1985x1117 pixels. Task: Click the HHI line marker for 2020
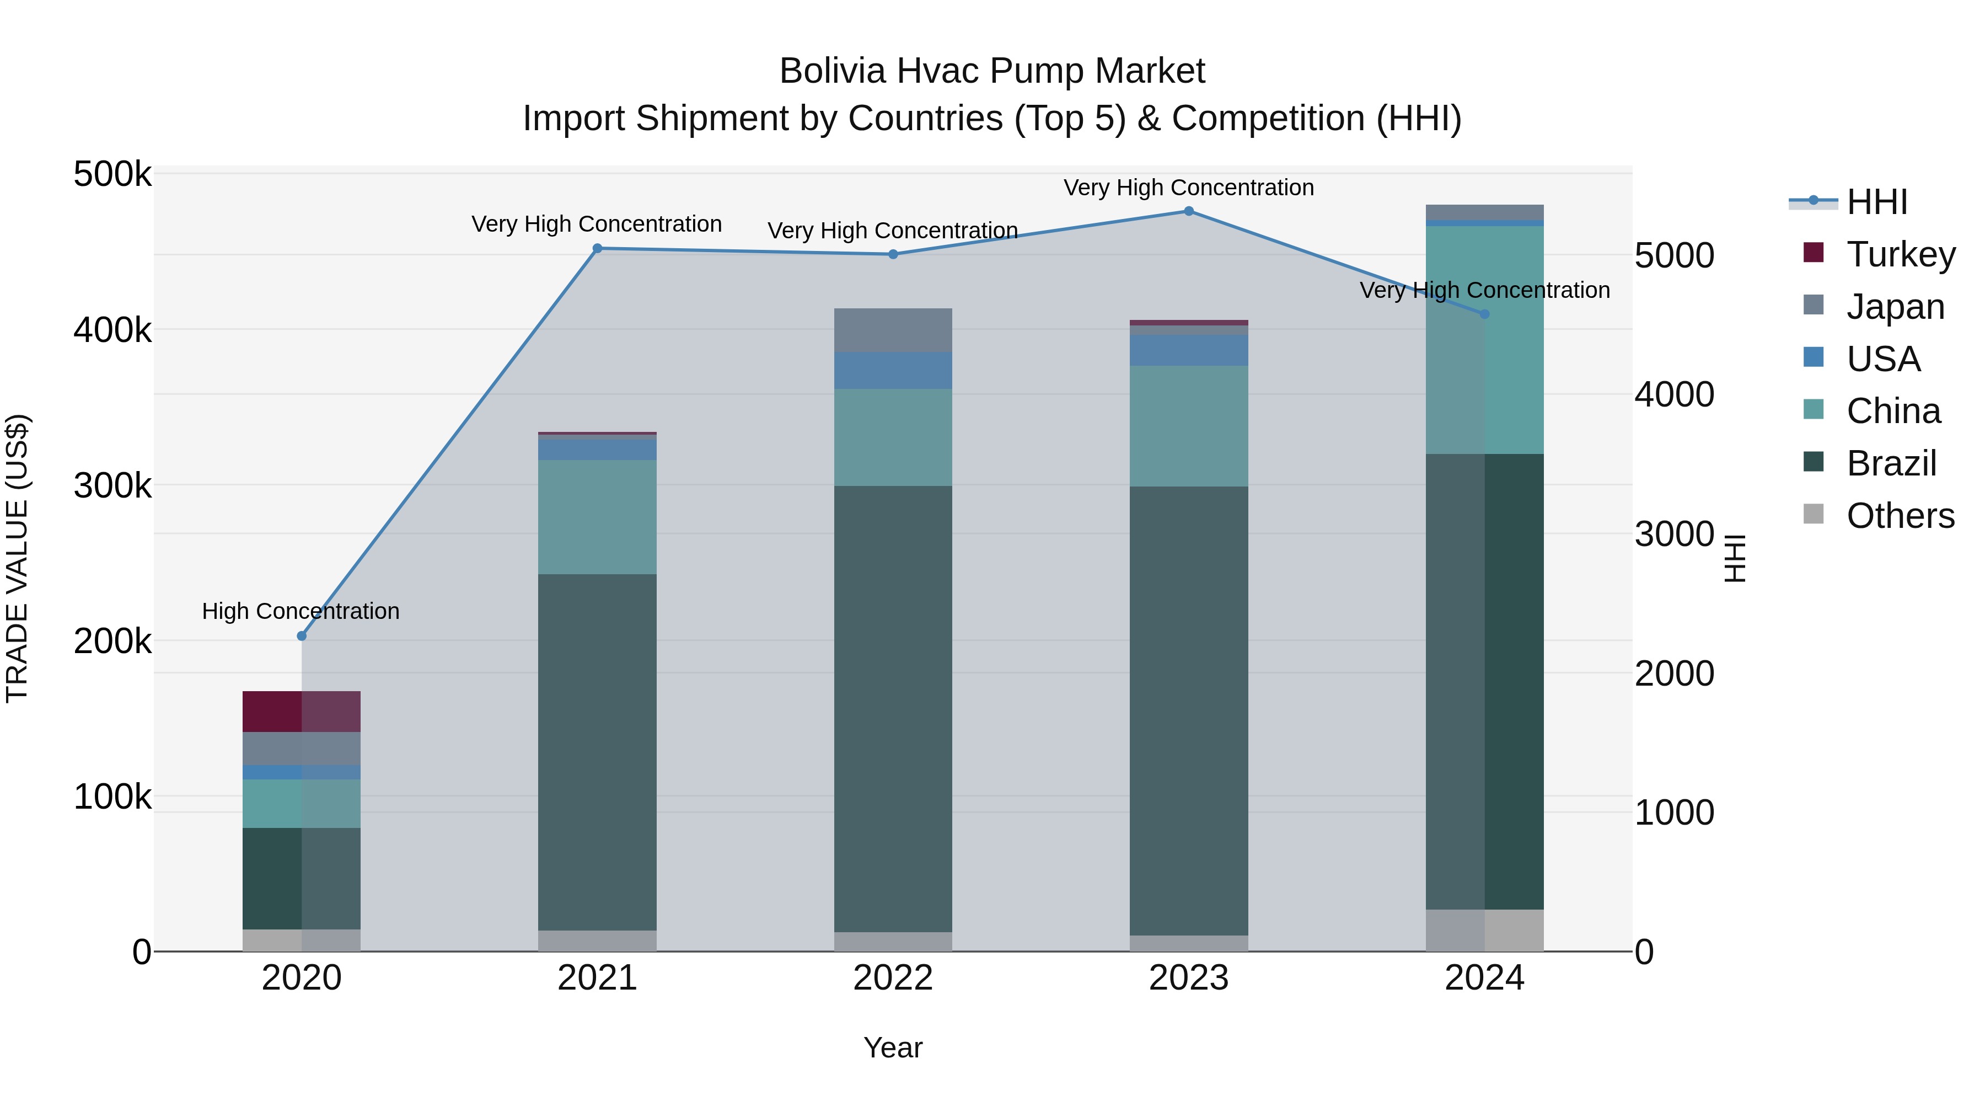tap(301, 636)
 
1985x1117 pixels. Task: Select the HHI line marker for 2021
tap(597, 248)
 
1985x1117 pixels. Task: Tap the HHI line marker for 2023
tap(1188, 211)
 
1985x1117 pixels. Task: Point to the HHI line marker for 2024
tap(1485, 314)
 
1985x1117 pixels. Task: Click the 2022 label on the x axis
tap(893, 978)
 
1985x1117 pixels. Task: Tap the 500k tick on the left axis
tap(112, 174)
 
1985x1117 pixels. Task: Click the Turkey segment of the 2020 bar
tap(301, 711)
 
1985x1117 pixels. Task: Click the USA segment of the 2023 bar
tap(1188, 350)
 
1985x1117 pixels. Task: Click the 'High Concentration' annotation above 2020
tap(301, 611)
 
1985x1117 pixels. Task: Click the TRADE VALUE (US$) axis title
tap(17, 558)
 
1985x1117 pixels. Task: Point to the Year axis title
tap(893, 1047)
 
